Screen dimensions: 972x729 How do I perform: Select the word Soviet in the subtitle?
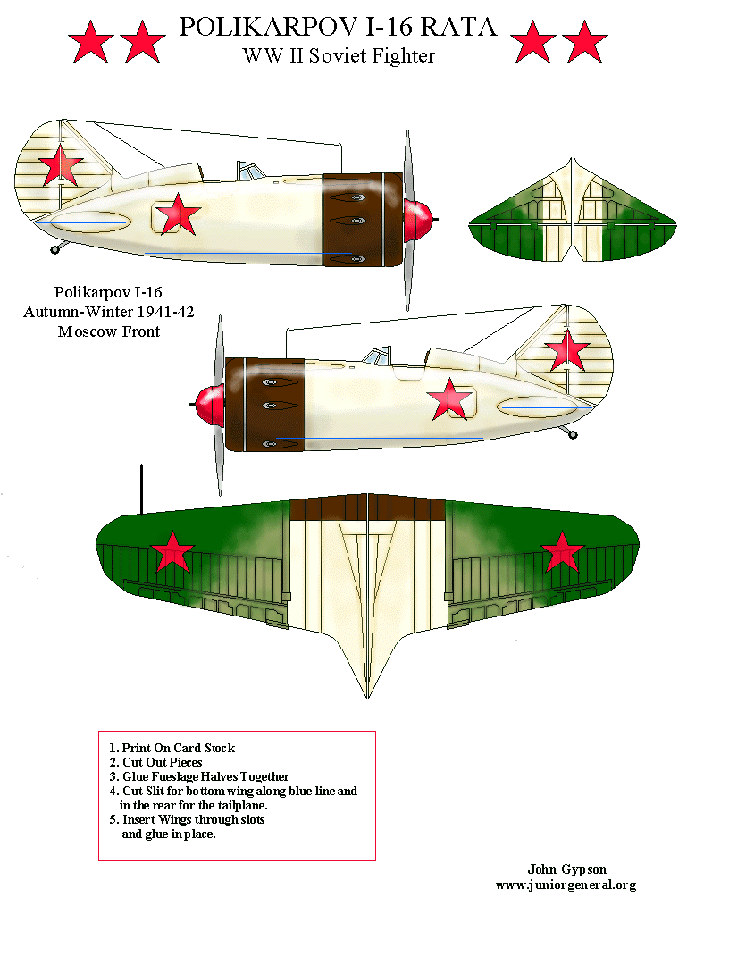(340, 55)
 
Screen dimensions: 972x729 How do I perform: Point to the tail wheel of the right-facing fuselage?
(55, 247)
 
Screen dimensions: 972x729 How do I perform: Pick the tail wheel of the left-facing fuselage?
(573, 435)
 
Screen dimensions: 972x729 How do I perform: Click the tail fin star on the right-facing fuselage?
(60, 164)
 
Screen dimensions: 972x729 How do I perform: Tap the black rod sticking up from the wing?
(140, 490)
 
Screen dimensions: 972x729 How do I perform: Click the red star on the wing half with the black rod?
(172, 553)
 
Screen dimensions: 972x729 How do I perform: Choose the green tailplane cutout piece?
(571, 214)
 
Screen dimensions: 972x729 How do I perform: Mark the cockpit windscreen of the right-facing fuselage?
(247, 170)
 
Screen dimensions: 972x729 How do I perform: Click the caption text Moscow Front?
(108, 331)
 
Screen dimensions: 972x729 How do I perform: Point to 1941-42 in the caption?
(160, 312)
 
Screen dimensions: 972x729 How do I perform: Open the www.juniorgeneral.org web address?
(566, 884)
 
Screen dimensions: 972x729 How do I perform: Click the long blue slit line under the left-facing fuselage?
(380, 439)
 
